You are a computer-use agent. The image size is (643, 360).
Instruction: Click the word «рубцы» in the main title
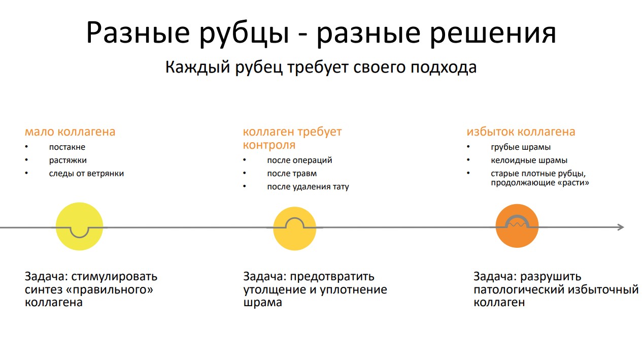pos(244,34)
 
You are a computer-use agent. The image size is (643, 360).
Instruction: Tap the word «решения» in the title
pos(493,34)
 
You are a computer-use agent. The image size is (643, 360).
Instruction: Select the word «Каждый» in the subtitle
pos(198,68)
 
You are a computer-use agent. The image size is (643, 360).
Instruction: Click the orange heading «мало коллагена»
pos(70,132)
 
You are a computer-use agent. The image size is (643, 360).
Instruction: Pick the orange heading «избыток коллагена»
pos(521,132)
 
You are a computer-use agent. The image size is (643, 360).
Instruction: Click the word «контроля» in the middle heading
pos(269,145)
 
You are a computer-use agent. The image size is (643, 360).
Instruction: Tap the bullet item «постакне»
pos(67,147)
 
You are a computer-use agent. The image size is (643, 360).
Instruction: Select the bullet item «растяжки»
pos(67,160)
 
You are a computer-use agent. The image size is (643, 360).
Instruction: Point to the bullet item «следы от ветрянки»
pos(86,174)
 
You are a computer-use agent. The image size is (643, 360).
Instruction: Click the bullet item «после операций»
pos(300,160)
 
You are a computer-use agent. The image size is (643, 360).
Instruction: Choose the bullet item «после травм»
pos(292,174)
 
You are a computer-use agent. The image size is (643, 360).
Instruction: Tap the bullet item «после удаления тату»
pos(308,187)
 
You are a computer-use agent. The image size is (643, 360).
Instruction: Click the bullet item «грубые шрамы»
pos(521,147)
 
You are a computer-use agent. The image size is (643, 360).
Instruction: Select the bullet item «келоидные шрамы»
pos(529,160)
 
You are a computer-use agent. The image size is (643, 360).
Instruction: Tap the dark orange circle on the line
pos(517,236)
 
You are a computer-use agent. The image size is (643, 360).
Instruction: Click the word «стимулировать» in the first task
pos(114,276)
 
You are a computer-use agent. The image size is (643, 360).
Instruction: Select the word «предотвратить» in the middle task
pos(332,277)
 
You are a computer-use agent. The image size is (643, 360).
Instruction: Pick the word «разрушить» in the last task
pos(551,277)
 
